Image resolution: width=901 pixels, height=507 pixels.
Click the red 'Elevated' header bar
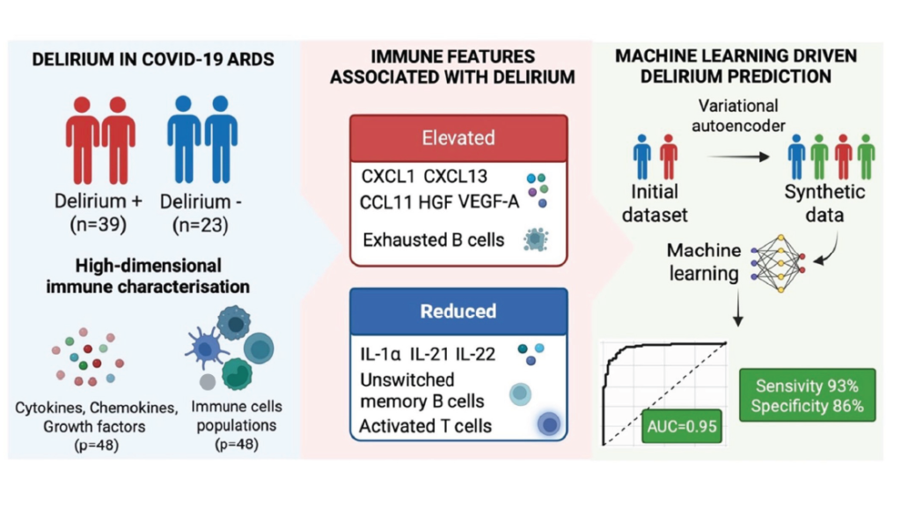pyautogui.click(x=458, y=137)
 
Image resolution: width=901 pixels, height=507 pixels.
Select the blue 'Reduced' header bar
pyautogui.click(x=458, y=311)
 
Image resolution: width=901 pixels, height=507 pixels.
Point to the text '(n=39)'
pyautogui.click(x=99, y=224)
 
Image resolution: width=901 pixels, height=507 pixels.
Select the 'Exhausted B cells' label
pyautogui.click(x=434, y=239)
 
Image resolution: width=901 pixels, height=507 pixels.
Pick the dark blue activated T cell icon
pyautogui.click(x=550, y=425)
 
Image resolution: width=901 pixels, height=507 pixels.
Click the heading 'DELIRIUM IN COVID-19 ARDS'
pyautogui.click(x=150, y=60)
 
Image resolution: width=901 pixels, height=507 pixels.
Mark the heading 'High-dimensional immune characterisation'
pyautogui.click(x=148, y=276)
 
